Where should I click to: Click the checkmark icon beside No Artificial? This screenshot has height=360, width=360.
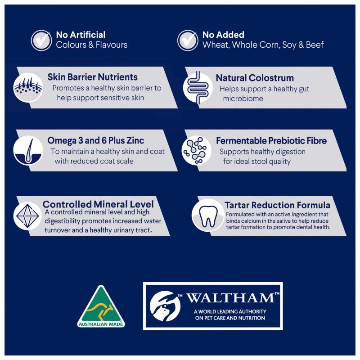click(41, 40)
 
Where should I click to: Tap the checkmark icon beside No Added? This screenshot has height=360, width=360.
click(188, 40)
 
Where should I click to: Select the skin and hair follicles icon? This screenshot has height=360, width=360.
click(28, 87)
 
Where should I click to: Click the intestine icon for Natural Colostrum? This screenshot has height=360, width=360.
click(198, 87)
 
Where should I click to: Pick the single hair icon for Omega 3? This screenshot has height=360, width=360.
click(28, 151)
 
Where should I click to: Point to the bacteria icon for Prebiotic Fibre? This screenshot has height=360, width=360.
click(196, 151)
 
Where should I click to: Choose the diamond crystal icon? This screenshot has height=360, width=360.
click(27, 216)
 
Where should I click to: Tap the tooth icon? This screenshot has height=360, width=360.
click(208, 216)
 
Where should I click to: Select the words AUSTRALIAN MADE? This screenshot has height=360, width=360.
click(101, 324)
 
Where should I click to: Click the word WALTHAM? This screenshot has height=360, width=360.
click(230, 298)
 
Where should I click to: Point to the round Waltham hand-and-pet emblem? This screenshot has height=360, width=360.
click(165, 306)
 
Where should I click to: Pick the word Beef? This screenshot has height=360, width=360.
click(315, 45)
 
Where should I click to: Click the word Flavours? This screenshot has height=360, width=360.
click(112, 45)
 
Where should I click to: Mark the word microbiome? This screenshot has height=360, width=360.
click(243, 99)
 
